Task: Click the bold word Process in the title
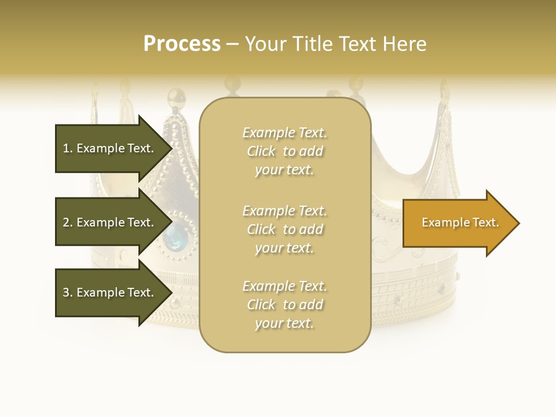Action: (182, 44)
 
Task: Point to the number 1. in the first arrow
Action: (68, 148)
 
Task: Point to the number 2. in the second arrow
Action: (68, 222)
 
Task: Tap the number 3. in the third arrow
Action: (68, 292)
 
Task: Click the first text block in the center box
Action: (284, 151)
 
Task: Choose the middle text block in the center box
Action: (284, 229)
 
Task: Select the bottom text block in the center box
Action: (284, 305)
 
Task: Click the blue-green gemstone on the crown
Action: (176, 235)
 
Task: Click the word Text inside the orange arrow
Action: (485, 222)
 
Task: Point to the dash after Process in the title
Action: (232, 45)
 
